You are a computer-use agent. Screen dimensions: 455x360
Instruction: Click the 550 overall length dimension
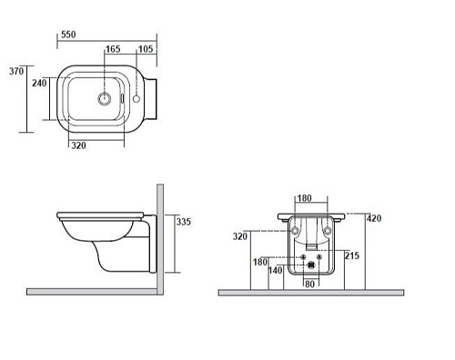[68, 35]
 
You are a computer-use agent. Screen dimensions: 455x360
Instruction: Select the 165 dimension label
[113, 49]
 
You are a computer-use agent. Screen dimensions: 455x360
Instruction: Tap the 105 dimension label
[146, 49]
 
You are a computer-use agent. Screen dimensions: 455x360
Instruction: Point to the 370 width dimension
[16, 71]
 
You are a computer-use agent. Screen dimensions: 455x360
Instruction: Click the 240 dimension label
[39, 83]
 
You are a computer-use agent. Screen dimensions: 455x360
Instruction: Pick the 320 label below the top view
[78, 145]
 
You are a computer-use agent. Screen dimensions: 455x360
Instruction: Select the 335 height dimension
[184, 222]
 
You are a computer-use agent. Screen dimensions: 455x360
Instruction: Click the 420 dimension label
[374, 218]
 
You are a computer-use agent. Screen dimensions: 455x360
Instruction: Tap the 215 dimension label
[352, 255]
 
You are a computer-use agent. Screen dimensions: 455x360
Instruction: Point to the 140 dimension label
[276, 270]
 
